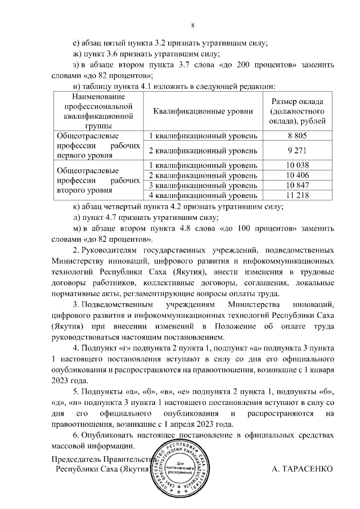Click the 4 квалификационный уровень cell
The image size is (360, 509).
click(x=202, y=195)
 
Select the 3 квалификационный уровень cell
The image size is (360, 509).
click(x=202, y=185)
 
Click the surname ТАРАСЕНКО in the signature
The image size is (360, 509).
click(x=301, y=469)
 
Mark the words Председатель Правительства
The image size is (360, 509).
click(x=101, y=458)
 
